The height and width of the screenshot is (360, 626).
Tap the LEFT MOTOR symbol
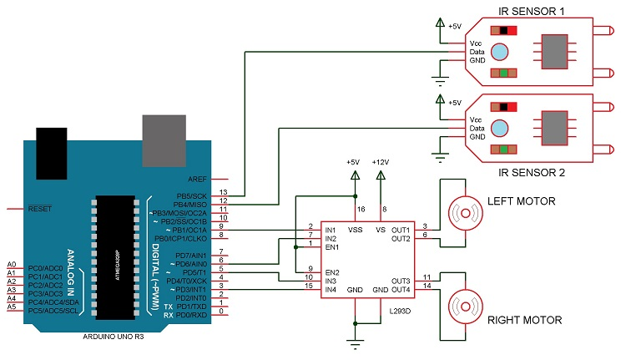click(x=461, y=213)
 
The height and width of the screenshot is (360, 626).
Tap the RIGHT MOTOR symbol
click(x=461, y=307)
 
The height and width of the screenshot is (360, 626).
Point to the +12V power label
click(x=381, y=161)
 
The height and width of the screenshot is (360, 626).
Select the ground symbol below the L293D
click(x=356, y=342)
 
